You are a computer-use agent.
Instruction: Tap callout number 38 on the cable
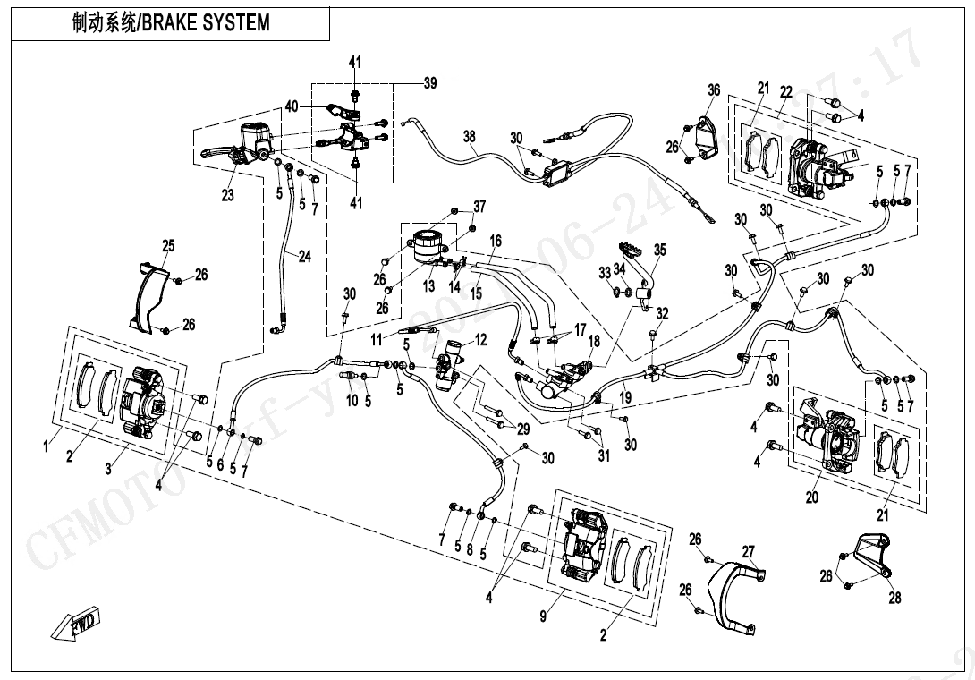(x=470, y=137)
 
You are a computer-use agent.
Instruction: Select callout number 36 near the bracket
(x=713, y=89)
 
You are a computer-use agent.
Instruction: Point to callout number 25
(x=168, y=246)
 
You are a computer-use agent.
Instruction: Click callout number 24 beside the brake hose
(x=304, y=257)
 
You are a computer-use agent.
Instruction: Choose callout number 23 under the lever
(x=228, y=194)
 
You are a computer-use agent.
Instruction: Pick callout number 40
(x=292, y=106)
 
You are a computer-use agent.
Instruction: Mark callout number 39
(x=430, y=83)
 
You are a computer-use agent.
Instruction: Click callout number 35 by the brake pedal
(x=659, y=251)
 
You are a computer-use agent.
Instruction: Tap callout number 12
(x=480, y=339)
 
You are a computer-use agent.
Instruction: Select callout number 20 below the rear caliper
(x=811, y=497)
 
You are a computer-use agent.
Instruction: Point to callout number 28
(x=894, y=599)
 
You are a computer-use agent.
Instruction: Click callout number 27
(x=748, y=551)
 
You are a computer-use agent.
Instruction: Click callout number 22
(x=785, y=91)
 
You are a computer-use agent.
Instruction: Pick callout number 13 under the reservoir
(x=428, y=286)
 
